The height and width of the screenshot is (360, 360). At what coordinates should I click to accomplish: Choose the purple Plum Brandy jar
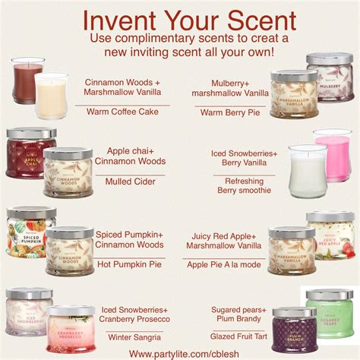294,330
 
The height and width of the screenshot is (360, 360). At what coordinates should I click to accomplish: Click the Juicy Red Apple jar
330,237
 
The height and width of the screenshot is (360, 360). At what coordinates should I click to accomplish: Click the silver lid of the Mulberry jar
330,58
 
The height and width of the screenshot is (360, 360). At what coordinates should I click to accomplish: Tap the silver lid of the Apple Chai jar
31,133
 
